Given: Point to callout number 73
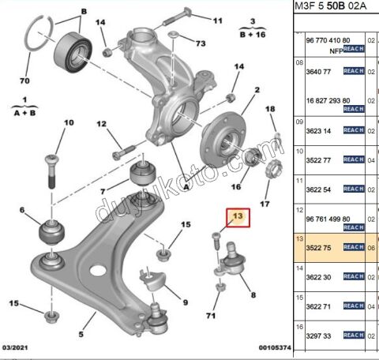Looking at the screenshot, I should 201,42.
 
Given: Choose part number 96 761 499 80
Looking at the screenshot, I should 321,221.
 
